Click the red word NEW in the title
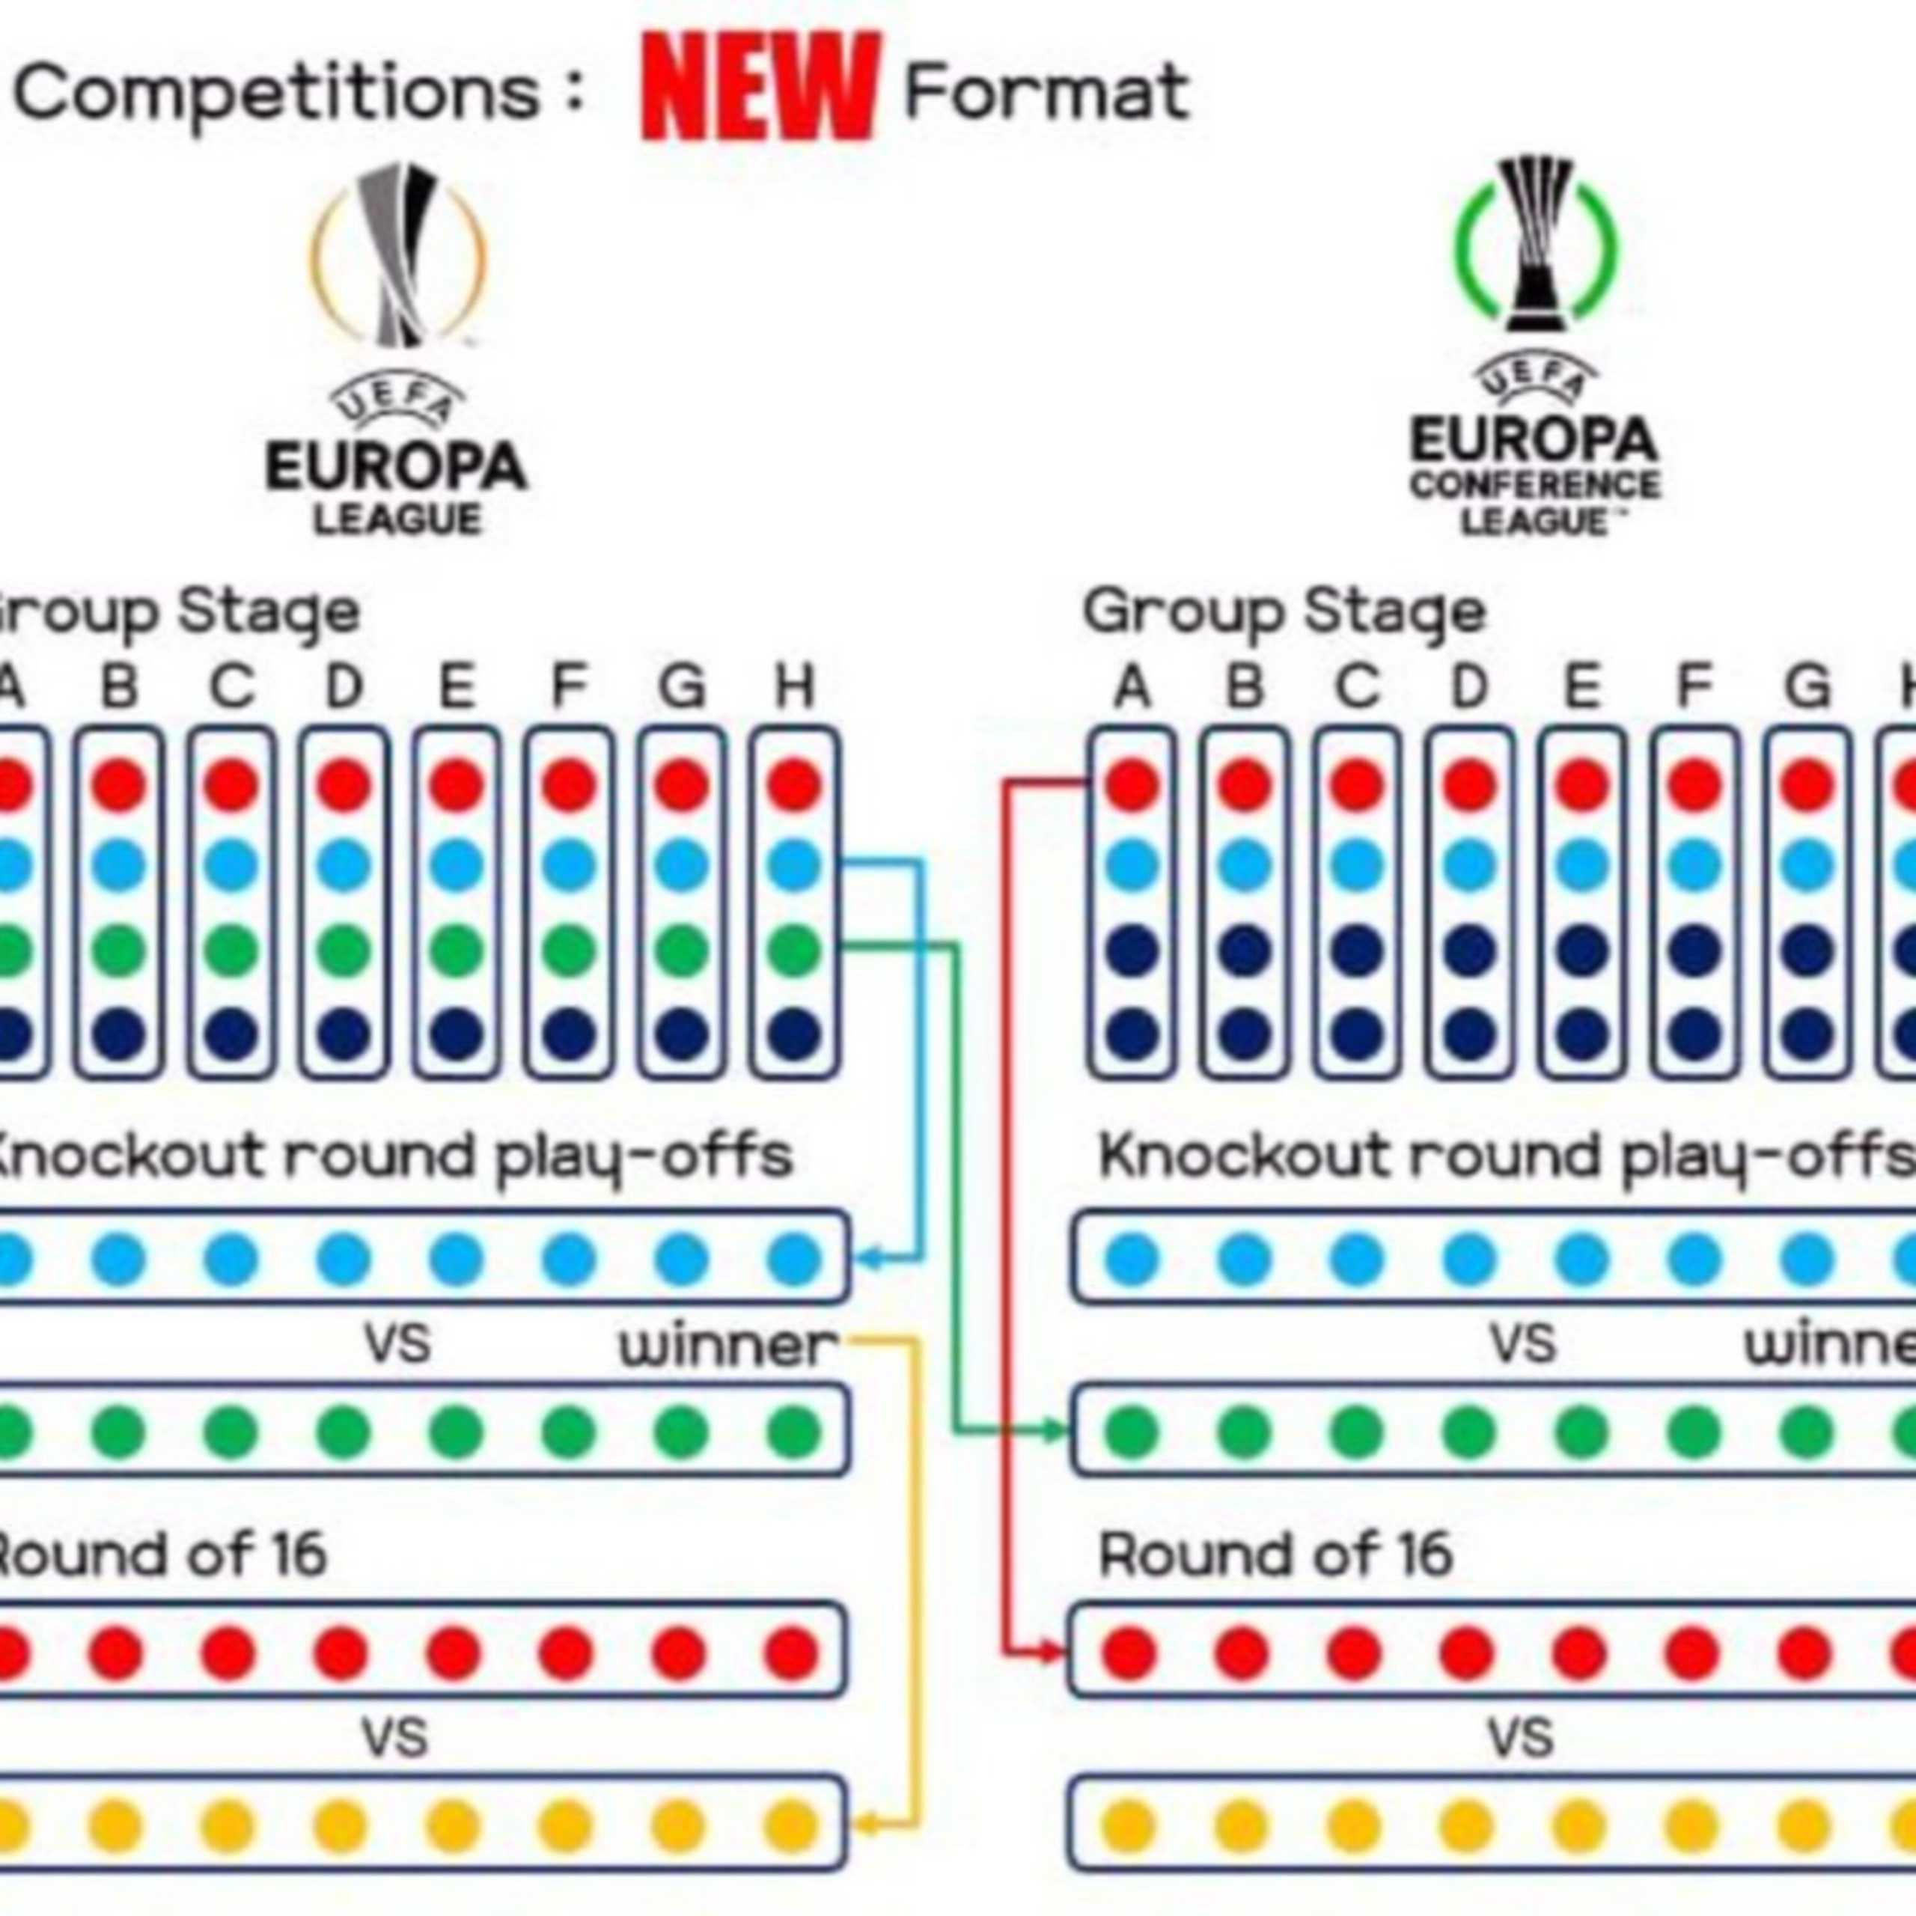point(760,88)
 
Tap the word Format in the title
point(1046,92)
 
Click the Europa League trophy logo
point(399,256)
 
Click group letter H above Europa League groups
point(794,686)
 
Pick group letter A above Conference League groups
point(1132,686)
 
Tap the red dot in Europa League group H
point(794,784)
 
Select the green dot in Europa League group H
point(794,949)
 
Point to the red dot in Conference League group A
point(1132,784)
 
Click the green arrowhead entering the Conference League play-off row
point(1058,1430)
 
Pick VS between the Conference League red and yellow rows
point(1520,1739)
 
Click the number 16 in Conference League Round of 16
point(1421,1555)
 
